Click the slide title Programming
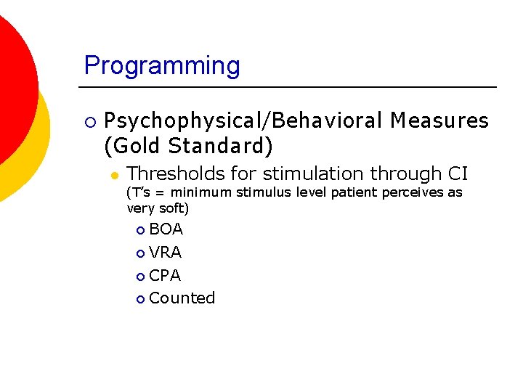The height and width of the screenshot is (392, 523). point(162,66)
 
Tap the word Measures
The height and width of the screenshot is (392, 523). point(439,121)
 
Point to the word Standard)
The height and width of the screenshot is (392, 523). point(222,146)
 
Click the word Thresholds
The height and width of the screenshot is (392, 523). point(171,173)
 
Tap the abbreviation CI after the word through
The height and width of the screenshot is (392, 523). point(458,173)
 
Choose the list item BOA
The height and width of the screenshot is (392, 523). point(166,229)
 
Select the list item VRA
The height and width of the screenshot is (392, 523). point(165,253)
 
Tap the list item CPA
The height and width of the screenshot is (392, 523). point(165,276)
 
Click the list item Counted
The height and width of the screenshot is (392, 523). point(182,298)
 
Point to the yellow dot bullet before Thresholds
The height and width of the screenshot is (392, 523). point(115,175)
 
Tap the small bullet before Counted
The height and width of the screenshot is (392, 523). point(140,299)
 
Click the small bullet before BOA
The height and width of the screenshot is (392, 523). point(140,230)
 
